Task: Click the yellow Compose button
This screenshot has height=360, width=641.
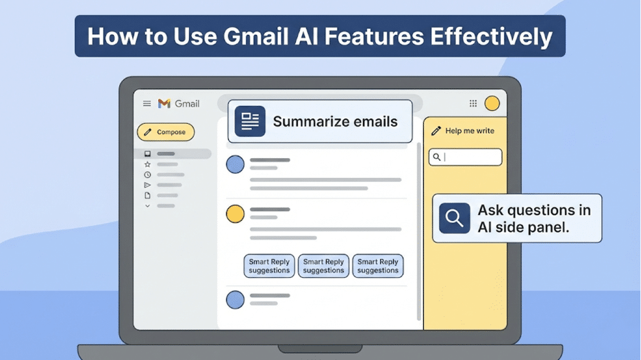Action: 166,132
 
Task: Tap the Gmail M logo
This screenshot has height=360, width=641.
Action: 164,104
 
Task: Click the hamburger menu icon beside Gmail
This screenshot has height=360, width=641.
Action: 147,104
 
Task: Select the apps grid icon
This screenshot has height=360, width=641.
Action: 473,103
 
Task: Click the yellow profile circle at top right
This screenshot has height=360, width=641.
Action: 492,103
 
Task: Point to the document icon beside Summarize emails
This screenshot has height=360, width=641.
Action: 250,121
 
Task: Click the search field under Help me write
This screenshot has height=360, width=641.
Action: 465,157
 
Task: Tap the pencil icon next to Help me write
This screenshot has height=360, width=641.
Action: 436,131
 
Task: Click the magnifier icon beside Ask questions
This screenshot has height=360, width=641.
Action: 454,218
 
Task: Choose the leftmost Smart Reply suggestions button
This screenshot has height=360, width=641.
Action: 269,266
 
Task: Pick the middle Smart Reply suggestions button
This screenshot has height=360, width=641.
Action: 323,266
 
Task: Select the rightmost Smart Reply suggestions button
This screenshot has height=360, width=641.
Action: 378,266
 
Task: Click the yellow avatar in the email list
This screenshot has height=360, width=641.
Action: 235,214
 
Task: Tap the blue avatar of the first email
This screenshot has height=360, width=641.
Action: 235,164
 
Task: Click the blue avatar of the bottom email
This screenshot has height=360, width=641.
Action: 235,300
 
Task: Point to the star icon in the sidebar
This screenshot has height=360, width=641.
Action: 147,164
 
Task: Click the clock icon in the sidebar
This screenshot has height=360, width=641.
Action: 147,175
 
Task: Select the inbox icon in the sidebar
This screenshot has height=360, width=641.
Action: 147,153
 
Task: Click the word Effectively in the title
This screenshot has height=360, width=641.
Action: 492,36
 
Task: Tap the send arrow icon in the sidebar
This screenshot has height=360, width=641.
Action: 147,185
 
